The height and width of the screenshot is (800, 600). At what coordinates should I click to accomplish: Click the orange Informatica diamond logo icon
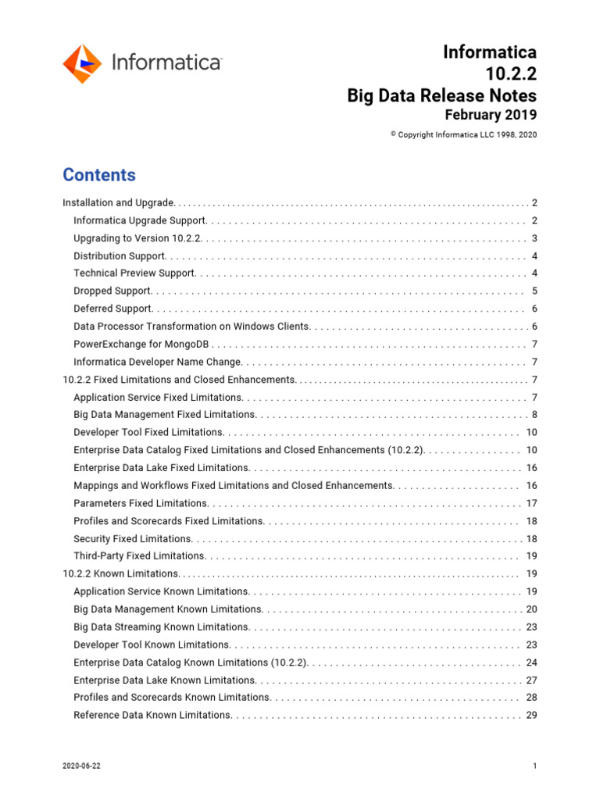pos(81,64)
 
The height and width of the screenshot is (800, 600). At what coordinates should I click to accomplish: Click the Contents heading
pos(98,175)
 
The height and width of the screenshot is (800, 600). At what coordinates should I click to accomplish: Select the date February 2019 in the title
pos(490,115)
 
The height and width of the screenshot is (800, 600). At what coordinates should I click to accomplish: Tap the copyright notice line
pos(463,134)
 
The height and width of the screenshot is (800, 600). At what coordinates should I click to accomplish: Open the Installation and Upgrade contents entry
pos(119,203)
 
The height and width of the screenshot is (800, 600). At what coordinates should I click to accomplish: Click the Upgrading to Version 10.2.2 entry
pos(137,238)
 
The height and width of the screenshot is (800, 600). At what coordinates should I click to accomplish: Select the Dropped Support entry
pos(112,291)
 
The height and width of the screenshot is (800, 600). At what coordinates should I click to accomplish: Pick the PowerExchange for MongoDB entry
pos(141,345)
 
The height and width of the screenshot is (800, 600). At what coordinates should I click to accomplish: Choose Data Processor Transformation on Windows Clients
pos(191,327)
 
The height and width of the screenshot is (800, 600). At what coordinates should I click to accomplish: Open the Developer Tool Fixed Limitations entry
pos(148,432)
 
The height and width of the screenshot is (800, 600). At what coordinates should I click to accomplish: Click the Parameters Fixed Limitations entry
pos(141,503)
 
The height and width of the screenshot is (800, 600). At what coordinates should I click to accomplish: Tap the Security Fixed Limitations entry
pos(132,538)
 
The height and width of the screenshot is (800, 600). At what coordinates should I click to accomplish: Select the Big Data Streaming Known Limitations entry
pos(161,627)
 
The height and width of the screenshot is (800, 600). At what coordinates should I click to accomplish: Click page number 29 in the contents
pos(531,715)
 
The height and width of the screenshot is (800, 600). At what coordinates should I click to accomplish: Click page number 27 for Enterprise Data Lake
pos(531,680)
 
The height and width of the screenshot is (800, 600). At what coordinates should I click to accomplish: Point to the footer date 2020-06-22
pos(81,766)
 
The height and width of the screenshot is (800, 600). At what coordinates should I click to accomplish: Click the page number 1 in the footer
pos(534,766)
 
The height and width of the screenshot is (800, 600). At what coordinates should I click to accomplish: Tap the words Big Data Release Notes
pos(441,95)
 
